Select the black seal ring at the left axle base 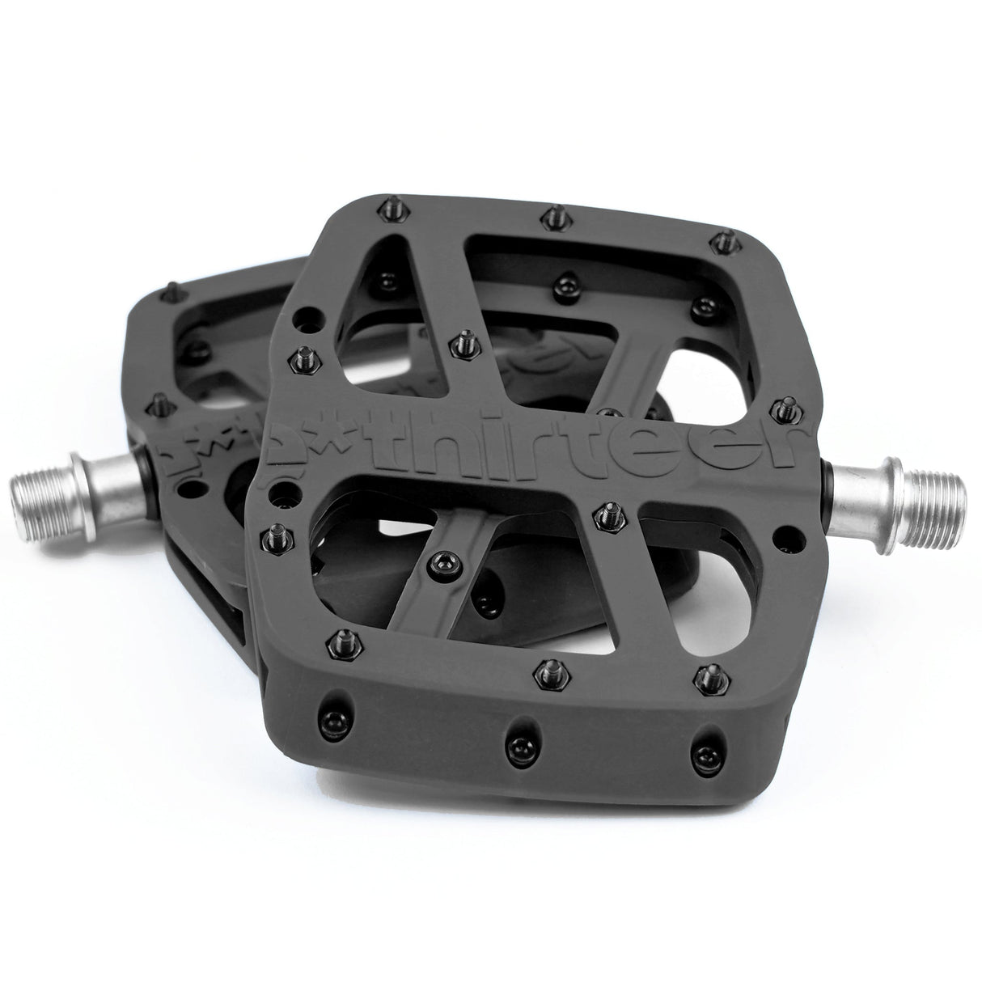[x=146, y=465]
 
